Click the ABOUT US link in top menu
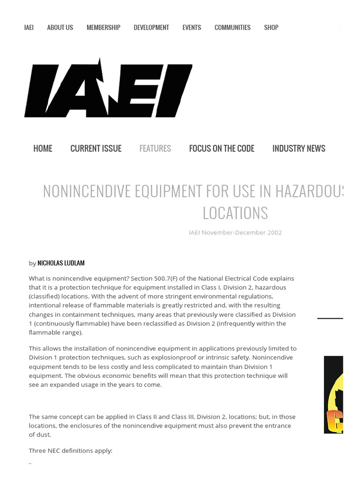[60, 28]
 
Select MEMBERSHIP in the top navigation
[103, 28]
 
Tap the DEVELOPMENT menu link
[151, 28]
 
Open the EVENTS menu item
[192, 28]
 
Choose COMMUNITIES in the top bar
[232, 28]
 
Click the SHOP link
[271, 28]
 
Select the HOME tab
[43, 149]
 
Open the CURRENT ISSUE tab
[96, 149]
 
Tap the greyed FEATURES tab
[155, 149]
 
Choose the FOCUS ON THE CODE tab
[222, 149]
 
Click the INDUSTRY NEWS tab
[299, 149]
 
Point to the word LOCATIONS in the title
[235, 213]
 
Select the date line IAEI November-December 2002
[235, 232]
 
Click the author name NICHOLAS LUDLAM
[61, 263]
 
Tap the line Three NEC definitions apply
[70, 450]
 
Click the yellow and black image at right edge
[334, 394]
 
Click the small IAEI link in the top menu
[29, 28]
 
